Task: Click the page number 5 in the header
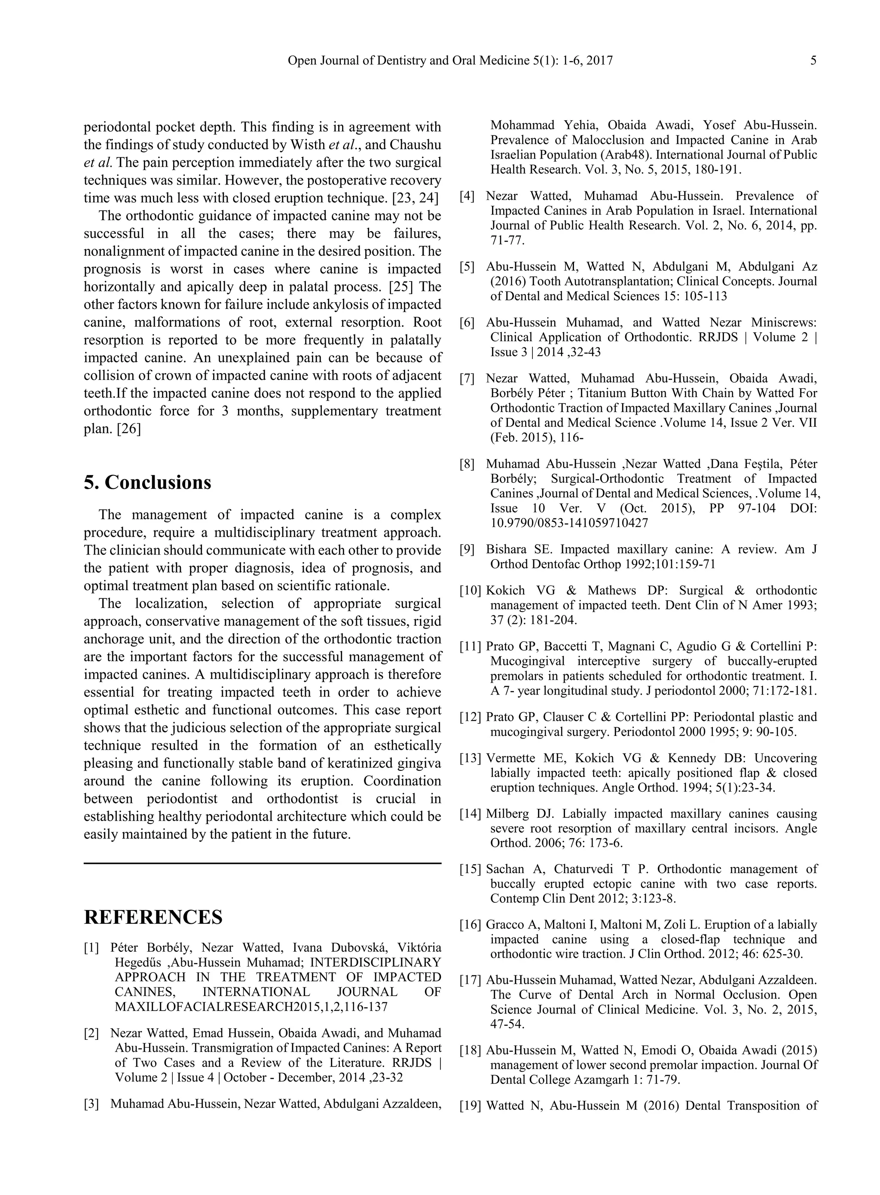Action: [x=813, y=61]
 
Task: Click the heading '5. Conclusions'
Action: [x=147, y=483]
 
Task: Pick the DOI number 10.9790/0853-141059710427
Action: [x=569, y=523]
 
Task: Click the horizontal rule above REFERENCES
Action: [x=263, y=863]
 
